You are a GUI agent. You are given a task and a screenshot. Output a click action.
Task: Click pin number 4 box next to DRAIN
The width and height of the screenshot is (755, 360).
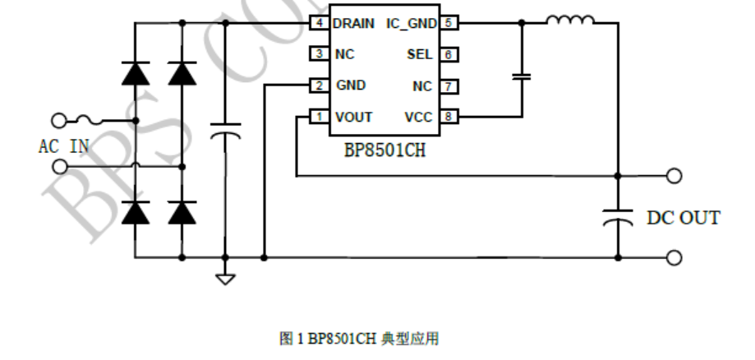pos(318,23)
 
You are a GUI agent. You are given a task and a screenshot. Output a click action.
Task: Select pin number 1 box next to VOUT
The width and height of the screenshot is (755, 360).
pos(318,117)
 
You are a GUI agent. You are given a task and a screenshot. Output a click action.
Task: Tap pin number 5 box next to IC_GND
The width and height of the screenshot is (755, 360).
pos(449,23)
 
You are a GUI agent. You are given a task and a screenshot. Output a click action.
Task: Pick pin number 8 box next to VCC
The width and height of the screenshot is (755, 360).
pos(449,117)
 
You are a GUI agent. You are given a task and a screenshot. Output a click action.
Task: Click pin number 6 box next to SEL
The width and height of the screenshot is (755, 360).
pos(449,54)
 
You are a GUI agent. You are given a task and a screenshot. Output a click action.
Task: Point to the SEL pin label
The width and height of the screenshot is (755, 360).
pos(419,55)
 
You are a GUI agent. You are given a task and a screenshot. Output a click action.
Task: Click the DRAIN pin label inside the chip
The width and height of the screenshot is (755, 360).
pos(354,24)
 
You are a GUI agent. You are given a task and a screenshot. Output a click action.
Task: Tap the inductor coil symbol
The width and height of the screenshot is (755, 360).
pos(569,21)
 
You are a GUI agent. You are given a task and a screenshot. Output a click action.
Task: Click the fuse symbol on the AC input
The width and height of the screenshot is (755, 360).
pos(90,121)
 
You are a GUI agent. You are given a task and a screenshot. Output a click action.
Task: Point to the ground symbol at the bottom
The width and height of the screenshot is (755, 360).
pos(224,278)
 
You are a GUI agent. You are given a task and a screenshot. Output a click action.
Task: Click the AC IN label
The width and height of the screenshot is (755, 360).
pos(63,147)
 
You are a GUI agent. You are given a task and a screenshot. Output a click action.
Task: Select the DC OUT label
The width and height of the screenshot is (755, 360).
pos(683,219)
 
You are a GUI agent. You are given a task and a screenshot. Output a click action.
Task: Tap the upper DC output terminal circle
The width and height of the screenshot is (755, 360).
pos(674,175)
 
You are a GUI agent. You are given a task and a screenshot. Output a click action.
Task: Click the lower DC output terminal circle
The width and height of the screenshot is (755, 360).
pos(674,257)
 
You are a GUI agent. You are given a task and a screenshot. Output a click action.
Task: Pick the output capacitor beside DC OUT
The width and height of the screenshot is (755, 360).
pos(617,218)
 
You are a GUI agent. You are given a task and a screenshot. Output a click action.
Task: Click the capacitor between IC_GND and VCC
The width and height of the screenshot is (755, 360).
pos(521,76)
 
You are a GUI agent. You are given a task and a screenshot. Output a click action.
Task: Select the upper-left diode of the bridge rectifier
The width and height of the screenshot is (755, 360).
pos(135,74)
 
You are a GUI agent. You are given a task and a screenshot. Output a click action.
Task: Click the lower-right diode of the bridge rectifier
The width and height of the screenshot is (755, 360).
pos(182,213)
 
